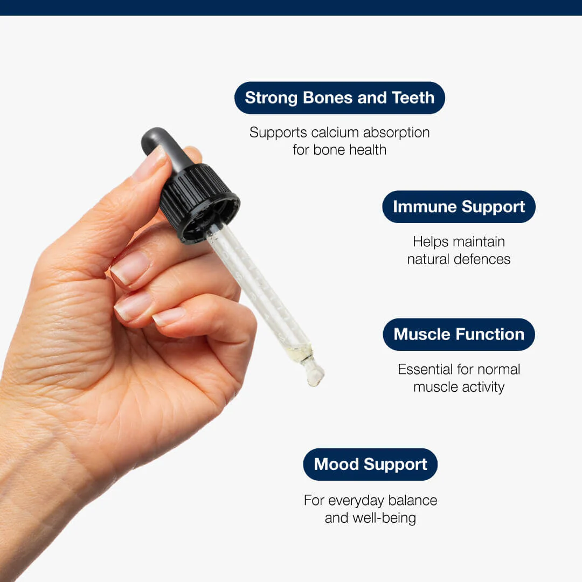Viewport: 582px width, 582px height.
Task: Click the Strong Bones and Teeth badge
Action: pos(339,98)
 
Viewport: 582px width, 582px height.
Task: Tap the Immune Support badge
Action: pos(459,207)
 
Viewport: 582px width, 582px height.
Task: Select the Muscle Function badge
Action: pos(459,334)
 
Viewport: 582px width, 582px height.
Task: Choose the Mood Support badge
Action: pos(370,465)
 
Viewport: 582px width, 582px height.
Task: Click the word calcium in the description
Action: pos(335,133)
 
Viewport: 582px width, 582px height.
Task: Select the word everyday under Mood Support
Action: pos(356,501)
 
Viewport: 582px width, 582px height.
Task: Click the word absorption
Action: pos(397,133)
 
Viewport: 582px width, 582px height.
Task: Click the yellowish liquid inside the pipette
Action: pos(298,350)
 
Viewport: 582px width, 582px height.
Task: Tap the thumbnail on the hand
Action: pos(150,163)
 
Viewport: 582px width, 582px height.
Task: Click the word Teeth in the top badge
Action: pos(413,98)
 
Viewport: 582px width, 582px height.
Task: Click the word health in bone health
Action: pos(368,150)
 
